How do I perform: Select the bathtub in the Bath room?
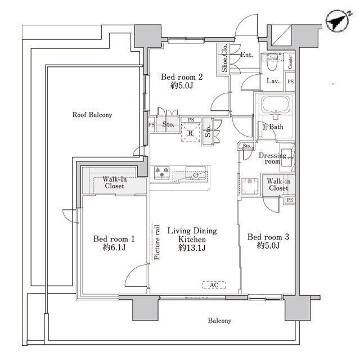(276, 105)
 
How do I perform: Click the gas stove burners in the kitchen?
(162, 173)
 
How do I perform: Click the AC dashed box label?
(214, 285)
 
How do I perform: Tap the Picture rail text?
(157, 242)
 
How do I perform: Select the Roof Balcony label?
(92, 115)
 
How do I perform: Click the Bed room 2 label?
(182, 76)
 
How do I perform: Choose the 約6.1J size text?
(114, 247)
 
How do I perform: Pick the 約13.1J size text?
(192, 248)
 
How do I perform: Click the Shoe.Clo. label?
(224, 58)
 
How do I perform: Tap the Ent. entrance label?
(246, 55)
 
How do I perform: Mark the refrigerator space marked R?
(191, 133)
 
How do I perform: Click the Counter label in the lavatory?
(290, 61)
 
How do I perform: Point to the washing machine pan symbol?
(250, 186)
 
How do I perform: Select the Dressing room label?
(272, 159)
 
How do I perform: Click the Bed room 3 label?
(268, 237)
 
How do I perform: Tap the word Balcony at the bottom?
(219, 321)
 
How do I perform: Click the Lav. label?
(273, 81)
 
